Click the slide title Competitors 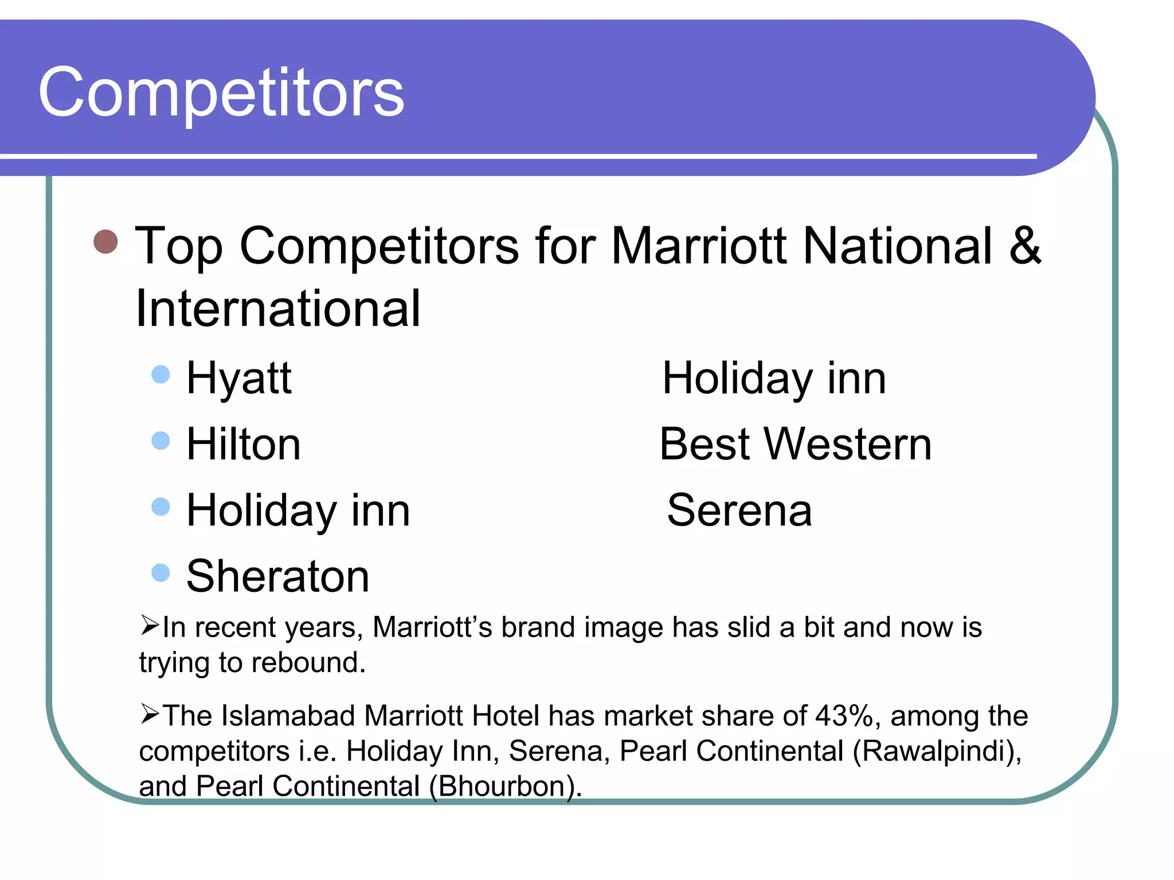click(x=221, y=92)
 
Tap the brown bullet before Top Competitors click(x=105, y=241)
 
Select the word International click(x=278, y=308)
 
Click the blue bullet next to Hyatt click(x=161, y=375)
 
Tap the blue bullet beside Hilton click(x=161, y=441)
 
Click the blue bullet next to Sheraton click(x=161, y=572)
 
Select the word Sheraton click(x=278, y=576)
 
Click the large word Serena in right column click(x=739, y=510)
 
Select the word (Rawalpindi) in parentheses click(x=937, y=751)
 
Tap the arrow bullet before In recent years click(x=150, y=625)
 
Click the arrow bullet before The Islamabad click(x=150, y=714)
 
